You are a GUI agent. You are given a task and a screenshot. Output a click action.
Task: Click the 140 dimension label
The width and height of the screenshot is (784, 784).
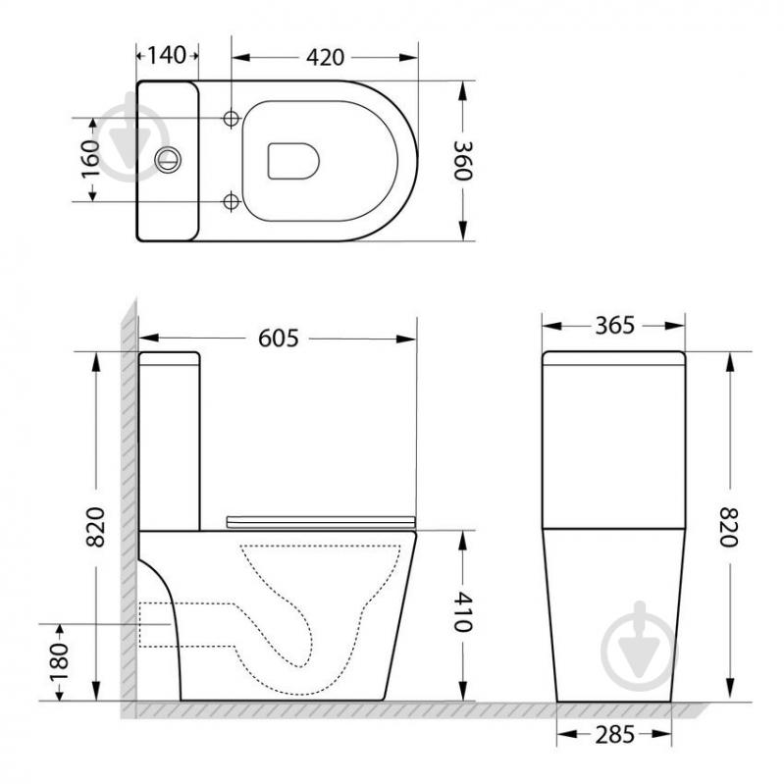coord(168,55)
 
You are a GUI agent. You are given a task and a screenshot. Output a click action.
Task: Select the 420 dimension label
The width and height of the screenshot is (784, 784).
coord(324,56)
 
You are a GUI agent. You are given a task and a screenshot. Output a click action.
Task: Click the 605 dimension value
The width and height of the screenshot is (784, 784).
coord(278,338)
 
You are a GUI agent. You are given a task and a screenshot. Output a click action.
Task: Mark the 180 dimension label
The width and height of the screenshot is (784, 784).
coord(60,662)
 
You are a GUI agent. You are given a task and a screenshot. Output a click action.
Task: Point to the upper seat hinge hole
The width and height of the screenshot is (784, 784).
coord(232,118)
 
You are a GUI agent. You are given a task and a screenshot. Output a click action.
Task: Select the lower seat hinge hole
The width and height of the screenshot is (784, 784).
coord(232,201)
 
